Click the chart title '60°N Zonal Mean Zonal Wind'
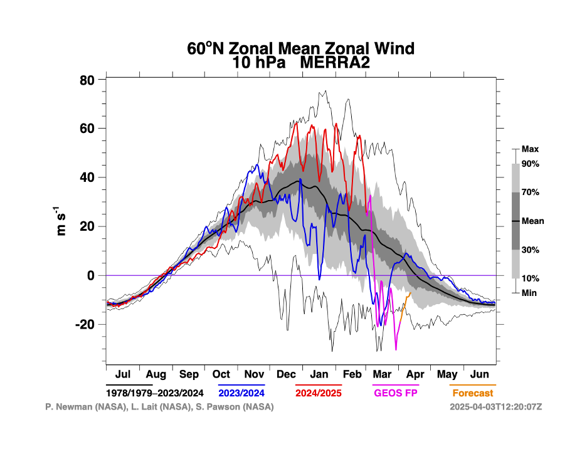tap(301, 48)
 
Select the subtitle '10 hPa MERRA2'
tap(301, 63)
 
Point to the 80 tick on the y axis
tap(87, 80)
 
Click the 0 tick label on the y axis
tap(91, 275)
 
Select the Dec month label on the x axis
tap(286, 374)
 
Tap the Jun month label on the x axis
tap(480, 374)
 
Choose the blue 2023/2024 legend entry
tap(241, 393)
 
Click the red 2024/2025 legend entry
tap(318, 393)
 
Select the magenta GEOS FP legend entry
tap(396, 393)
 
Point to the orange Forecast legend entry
tap(472, 393)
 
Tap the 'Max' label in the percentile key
tap(530, 149)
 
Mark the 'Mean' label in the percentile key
tap(532, 221)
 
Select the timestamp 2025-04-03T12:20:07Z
tap(495, 407)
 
